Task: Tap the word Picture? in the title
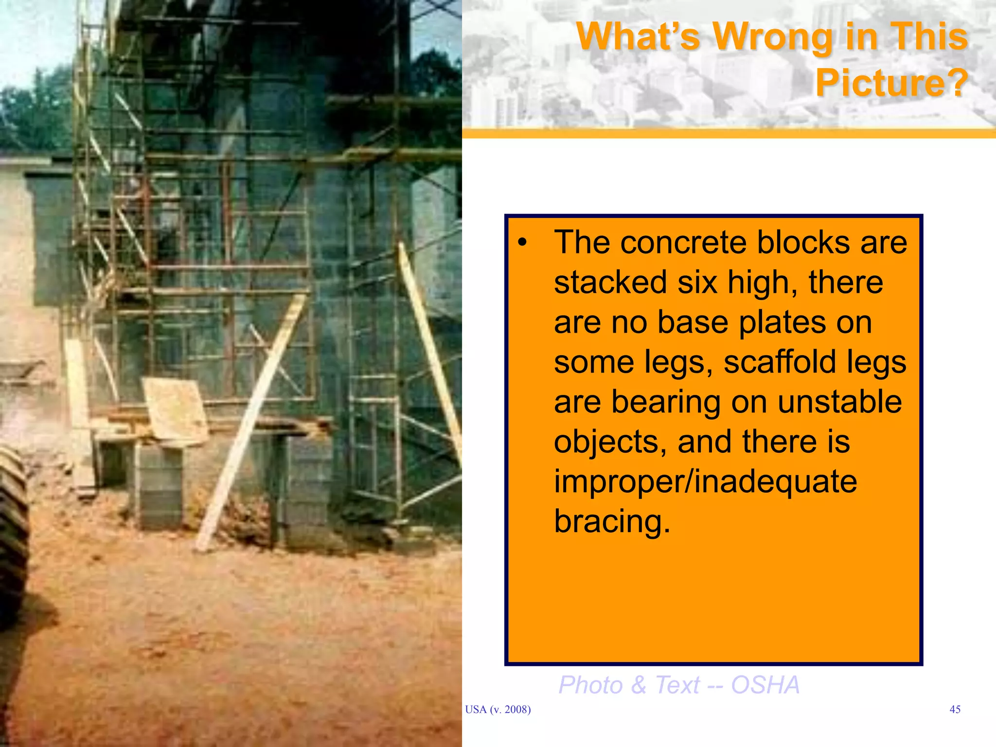(891, 83)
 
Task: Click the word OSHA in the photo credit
(765, 685)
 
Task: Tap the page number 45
(955, 710)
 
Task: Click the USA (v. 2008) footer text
(498, 710)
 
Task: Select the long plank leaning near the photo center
(250, 423)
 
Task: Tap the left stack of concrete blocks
(158, 486)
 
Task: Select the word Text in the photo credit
(677, 685)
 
